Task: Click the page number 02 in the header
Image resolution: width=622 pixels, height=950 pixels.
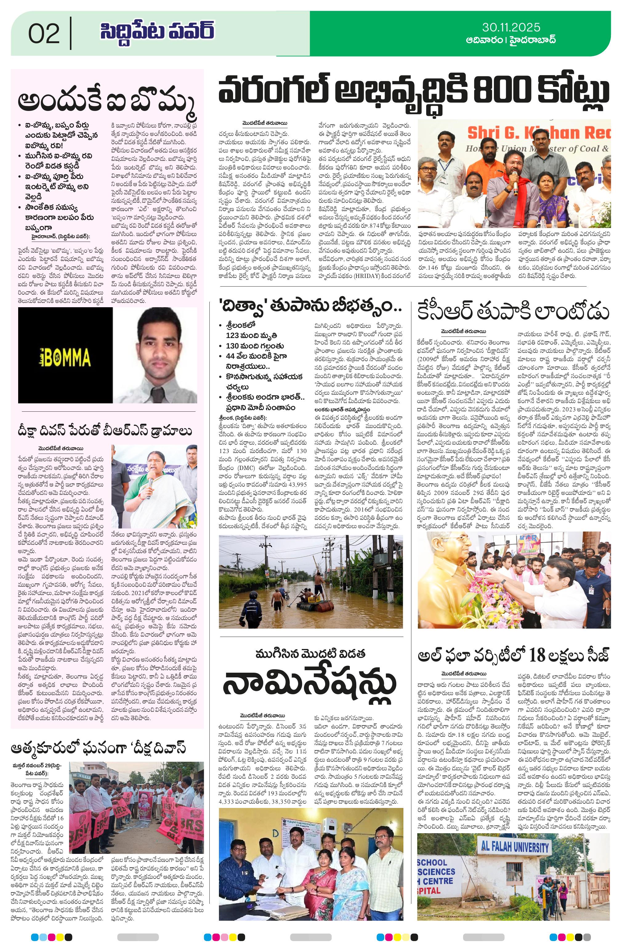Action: (44, 34)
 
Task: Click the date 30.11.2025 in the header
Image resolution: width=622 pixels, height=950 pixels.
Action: (511, 27)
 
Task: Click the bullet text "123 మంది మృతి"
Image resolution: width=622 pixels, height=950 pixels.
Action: (251, 335)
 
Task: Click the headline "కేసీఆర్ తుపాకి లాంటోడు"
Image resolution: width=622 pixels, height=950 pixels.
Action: (513, 312)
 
